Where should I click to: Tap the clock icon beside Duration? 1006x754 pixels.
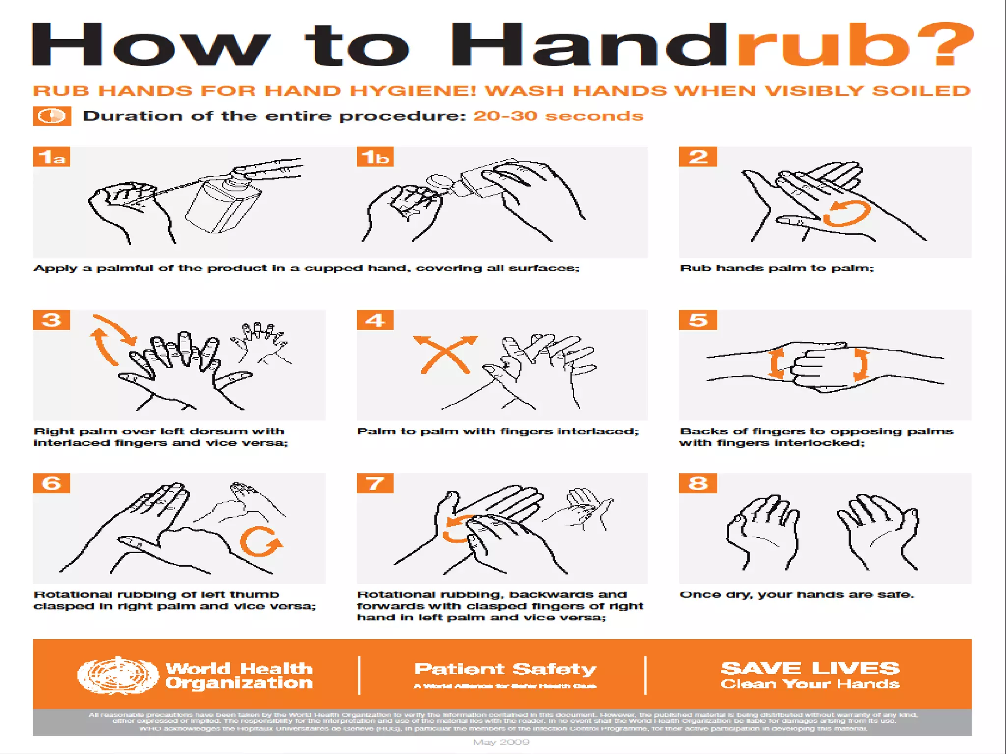click(52, 116)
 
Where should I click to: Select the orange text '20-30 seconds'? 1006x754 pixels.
click(558, 116)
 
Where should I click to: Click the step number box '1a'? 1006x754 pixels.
click(52, 157)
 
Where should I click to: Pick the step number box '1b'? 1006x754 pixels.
click(375, 157)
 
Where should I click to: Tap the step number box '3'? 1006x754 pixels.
click(52, 320)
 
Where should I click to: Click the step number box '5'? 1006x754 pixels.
click(698, 320)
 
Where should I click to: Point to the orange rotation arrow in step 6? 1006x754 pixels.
click(260, 542)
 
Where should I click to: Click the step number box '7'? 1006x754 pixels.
click(375, 484)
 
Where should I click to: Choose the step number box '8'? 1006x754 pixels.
click(698, 484)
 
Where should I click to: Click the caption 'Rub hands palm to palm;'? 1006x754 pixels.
click(777, 268)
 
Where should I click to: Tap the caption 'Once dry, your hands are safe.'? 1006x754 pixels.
click(797, 594)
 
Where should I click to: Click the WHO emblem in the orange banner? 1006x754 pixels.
click(118, 675)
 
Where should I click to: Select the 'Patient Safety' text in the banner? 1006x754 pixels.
click(505, 669)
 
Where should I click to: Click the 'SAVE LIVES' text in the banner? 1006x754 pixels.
click(810, 668)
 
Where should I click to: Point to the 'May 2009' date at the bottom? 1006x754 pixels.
click(501, 742)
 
